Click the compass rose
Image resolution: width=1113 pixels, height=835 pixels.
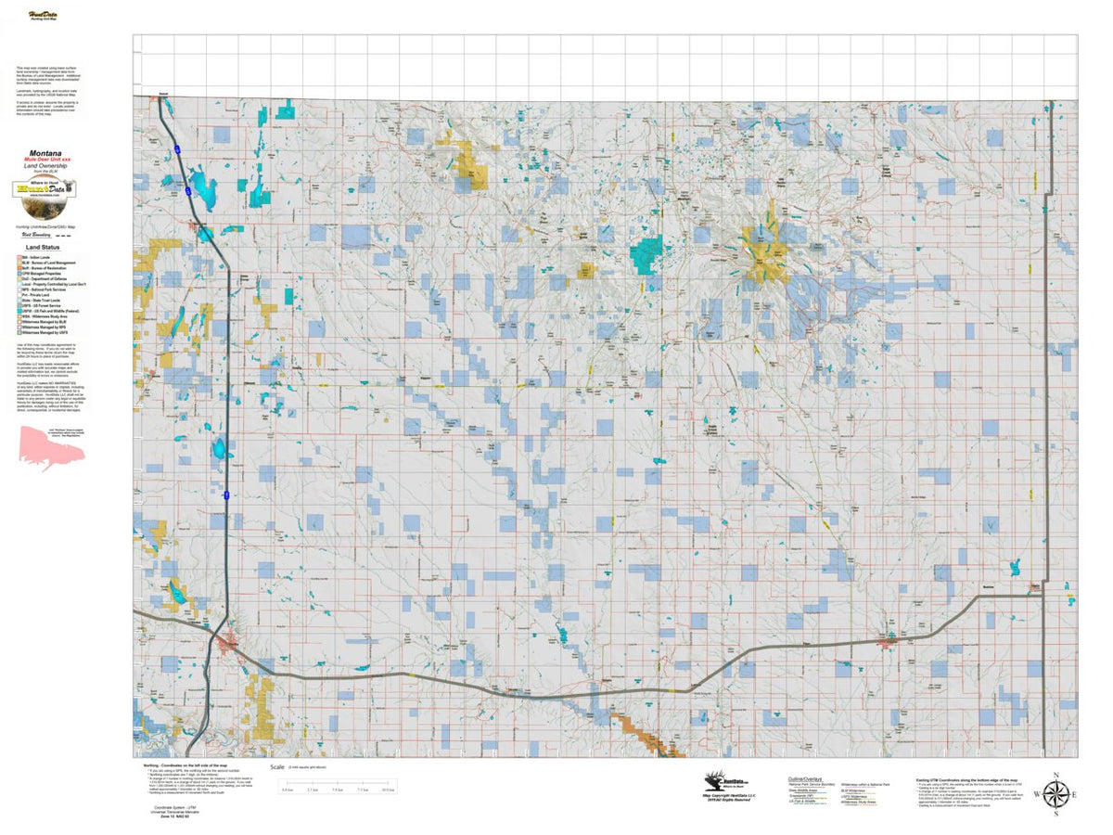pyautogui.click(x=1055, y=794)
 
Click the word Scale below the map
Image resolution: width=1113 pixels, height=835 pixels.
pyautogui.click(x=277, y=768)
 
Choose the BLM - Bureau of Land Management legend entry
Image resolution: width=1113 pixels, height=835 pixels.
pyautogui.click(x=56, y=263)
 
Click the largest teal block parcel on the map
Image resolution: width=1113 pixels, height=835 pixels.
pyautogui.click(x=647, y=255)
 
